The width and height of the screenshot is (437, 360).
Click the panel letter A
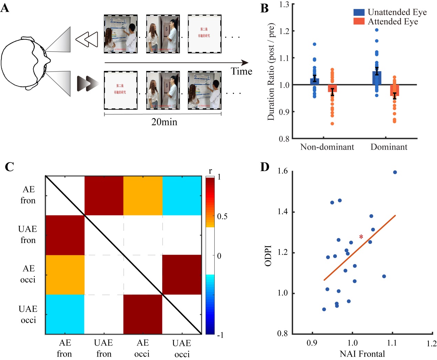click(x=5, y=8)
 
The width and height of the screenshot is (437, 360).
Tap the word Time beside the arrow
click(x=241, y=71)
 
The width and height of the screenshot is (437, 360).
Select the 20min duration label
click(x=164, y=122)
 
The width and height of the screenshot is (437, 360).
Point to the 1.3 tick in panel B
click(x=284, y=4)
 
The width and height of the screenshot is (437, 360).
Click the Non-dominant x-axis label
click(x=327, y=147)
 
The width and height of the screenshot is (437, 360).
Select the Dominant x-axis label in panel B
click(x=389, y=147)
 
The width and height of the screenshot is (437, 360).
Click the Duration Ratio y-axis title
click(x=271, y=72)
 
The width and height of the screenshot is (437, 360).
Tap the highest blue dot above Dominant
click(x=377, y=30)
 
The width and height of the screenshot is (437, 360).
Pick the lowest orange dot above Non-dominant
click(x=332, y=124)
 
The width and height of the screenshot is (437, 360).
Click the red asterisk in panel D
click(x=361, y=237)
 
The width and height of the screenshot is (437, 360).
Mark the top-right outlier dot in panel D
click(x=395, y=172)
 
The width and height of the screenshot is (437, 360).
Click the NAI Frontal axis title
click(x=362, y=354)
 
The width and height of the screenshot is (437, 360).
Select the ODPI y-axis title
click(x=268, y=256)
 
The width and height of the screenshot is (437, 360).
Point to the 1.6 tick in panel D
click(x=283, y=171)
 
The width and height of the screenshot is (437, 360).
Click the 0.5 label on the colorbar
click(x=222, y=216)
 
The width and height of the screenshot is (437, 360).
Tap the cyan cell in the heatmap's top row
click(x=182, y=195)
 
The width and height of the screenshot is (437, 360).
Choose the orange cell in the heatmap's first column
click(x=65, y=275)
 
